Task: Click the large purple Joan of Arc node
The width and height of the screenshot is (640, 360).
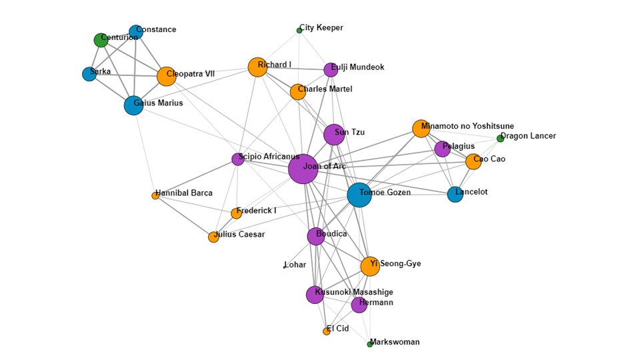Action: tap(303, 169)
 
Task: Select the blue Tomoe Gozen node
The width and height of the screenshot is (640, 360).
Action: tap(359, 195)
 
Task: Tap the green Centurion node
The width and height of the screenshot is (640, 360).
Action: tap(101, 40)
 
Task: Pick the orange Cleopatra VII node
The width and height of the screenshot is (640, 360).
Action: tap(167, 76)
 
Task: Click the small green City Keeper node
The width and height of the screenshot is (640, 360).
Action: tap(299, 30)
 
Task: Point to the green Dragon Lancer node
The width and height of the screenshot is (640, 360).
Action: tap(500, 139)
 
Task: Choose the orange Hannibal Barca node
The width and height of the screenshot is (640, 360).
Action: tap(155, 195)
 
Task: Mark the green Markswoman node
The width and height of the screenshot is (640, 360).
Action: tap(370, 344)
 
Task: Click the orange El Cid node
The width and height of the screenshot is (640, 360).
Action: tap(327, 331)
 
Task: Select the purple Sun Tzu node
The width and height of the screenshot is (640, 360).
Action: tap(334, 135)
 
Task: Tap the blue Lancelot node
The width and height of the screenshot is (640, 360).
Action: tap(455, 194)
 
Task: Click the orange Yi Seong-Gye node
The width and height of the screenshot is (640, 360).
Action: tap(370, 266)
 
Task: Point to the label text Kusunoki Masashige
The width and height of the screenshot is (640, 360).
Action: tap(354, 292)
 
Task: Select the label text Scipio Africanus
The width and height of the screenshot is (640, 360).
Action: tap(269, 157)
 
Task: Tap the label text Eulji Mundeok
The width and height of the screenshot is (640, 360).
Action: tap(357, 67)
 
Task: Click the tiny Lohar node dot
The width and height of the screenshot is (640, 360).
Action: tap(285, 267)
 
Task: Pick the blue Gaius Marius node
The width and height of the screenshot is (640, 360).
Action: tap(133, 105)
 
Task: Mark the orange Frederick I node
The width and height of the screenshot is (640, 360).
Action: tap(236, 213)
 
